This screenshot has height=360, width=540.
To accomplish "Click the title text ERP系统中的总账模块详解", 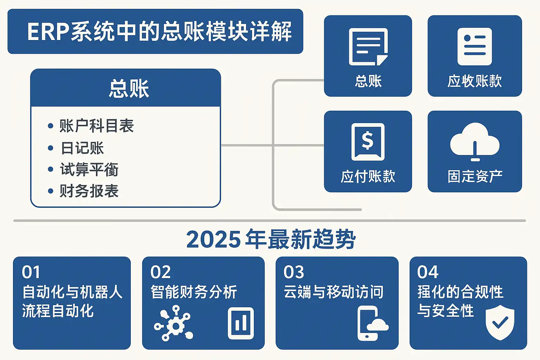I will (x=159, y=32).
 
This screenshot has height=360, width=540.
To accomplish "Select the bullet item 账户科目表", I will (x=97, y=126).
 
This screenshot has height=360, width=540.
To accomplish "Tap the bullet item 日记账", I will (x=82, y=148).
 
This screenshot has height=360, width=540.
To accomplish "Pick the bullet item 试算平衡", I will (x=89, y=169).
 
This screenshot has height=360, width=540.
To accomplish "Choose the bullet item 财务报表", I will (x=89, y=191).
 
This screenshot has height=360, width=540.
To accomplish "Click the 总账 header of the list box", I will (x=129, y=88).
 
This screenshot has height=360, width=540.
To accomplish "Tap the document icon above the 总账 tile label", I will (x=368, y=47).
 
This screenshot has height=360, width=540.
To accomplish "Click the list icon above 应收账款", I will (x=475, y=46).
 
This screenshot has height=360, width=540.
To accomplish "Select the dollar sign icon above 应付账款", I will (x=368, y=141).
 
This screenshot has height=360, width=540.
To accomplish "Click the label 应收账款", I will (x=475, y=81).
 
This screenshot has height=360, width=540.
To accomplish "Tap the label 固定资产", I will (x=475, y=176).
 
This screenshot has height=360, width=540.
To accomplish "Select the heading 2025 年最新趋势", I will (x=271, y=239).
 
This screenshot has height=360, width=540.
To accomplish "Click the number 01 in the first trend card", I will (x=31, y=272).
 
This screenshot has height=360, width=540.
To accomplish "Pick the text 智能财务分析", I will (x=194, y=292).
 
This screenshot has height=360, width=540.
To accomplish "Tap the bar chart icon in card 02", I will (x=241, y=323).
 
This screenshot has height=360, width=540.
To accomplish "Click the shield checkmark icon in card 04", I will (x=500, y=323).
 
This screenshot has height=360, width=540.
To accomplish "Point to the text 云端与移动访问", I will (x=333, y=292).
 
